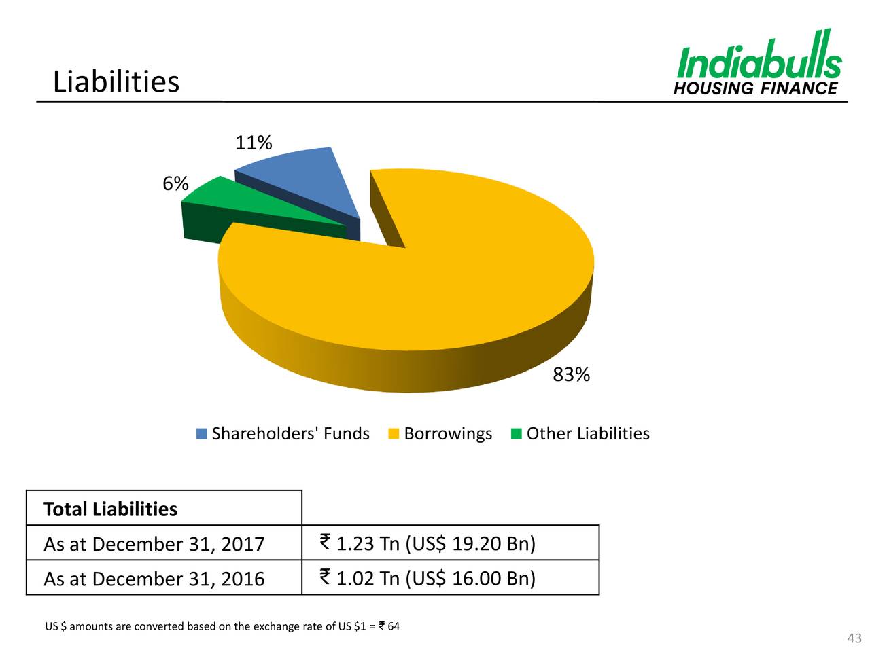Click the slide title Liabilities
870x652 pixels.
point(116,82)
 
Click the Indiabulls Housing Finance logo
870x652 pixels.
point(759,62)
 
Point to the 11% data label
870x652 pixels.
point(254,143)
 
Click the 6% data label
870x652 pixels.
point(175,183)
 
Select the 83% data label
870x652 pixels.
point(571,374)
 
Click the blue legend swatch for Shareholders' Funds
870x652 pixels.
point(202,433)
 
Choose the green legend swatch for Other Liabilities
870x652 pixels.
point(517,433)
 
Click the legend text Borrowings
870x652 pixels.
point(448,433)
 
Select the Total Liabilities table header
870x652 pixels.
point(110,509)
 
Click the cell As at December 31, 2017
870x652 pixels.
point(154,544)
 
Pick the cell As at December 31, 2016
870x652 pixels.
point(154,579)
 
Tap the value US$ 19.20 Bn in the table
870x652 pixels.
point(470,543)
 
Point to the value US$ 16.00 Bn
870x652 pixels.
point(470,578)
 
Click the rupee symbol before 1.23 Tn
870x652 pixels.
point(324,542)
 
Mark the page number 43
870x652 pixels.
point(854,638)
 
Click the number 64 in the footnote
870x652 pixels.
point(394,626)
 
